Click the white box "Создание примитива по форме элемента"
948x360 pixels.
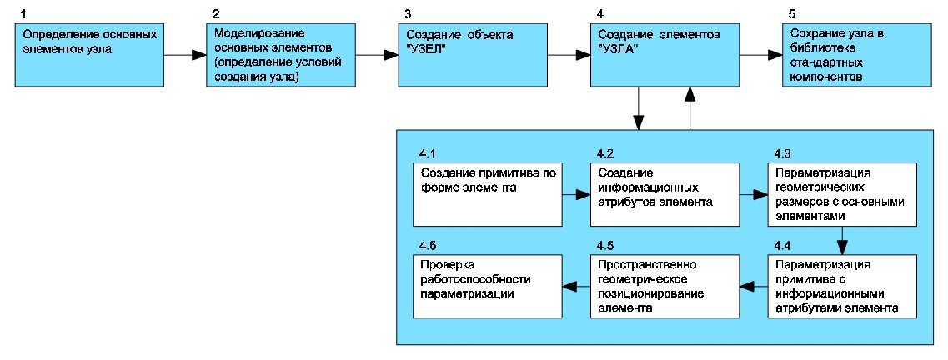(489, 193)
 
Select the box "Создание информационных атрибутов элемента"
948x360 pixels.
(665, 193)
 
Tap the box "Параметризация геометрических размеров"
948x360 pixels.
(842, 193)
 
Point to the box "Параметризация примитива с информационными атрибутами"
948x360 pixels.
(842, 286)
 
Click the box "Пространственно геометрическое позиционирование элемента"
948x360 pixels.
(665, 286)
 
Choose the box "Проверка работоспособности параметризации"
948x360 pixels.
(489, 286)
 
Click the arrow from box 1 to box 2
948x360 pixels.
(186, 55)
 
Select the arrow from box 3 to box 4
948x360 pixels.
(570, 55)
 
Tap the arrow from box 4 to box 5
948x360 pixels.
(761, 55)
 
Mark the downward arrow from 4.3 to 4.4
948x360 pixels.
(842, 240)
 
